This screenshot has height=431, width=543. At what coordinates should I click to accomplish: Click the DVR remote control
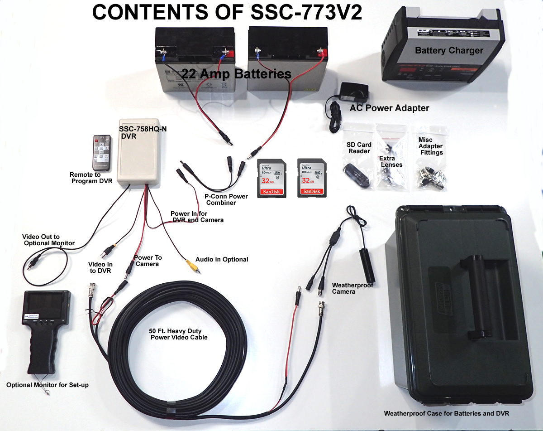(102, 152)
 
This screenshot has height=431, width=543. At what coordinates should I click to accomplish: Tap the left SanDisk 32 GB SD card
(272, 178)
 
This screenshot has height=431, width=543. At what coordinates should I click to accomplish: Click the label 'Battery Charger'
(449, 50)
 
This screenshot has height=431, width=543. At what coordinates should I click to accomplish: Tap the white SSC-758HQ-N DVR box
(138, 152)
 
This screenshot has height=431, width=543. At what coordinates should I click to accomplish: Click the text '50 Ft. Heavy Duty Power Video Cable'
(178, 334)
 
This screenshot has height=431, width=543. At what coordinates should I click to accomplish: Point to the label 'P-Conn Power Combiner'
(226, 199)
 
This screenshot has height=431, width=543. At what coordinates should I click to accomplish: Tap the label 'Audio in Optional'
(222, 259)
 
